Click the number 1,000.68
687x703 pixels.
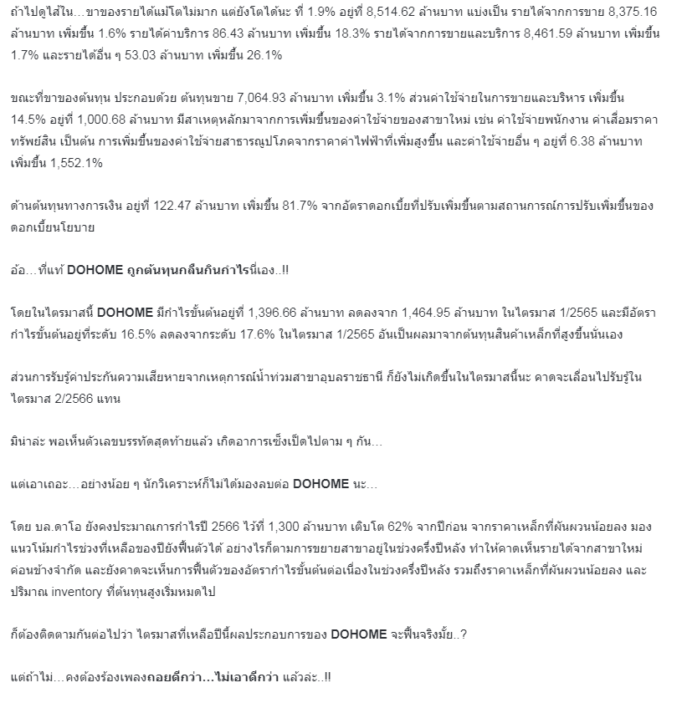[95, 120]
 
